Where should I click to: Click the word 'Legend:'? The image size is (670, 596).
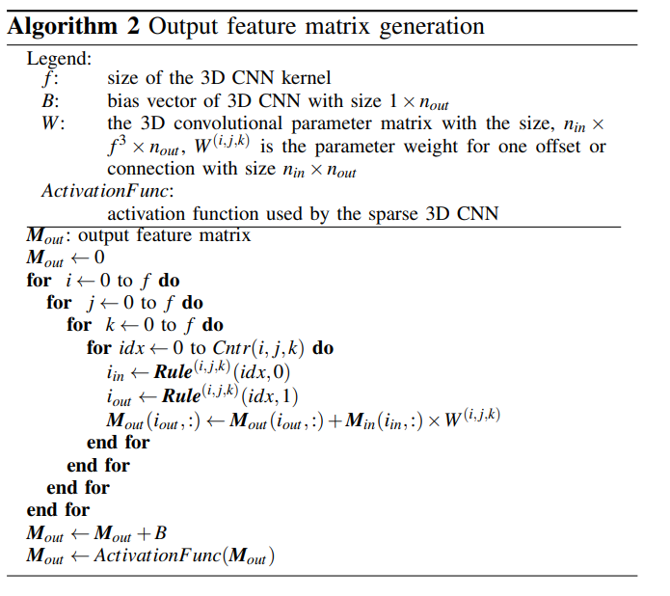click(59, 58)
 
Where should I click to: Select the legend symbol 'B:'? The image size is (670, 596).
click(51, 100)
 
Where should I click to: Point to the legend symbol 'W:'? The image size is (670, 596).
click(54, 123)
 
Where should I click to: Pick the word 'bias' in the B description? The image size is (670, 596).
click(122, 100)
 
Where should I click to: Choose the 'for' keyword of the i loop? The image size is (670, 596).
click(39, 281)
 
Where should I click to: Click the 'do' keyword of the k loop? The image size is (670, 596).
click(212, 325)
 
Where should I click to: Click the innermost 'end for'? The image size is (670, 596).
click(118, 442)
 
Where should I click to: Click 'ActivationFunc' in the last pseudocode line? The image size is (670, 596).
click(157, 556)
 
